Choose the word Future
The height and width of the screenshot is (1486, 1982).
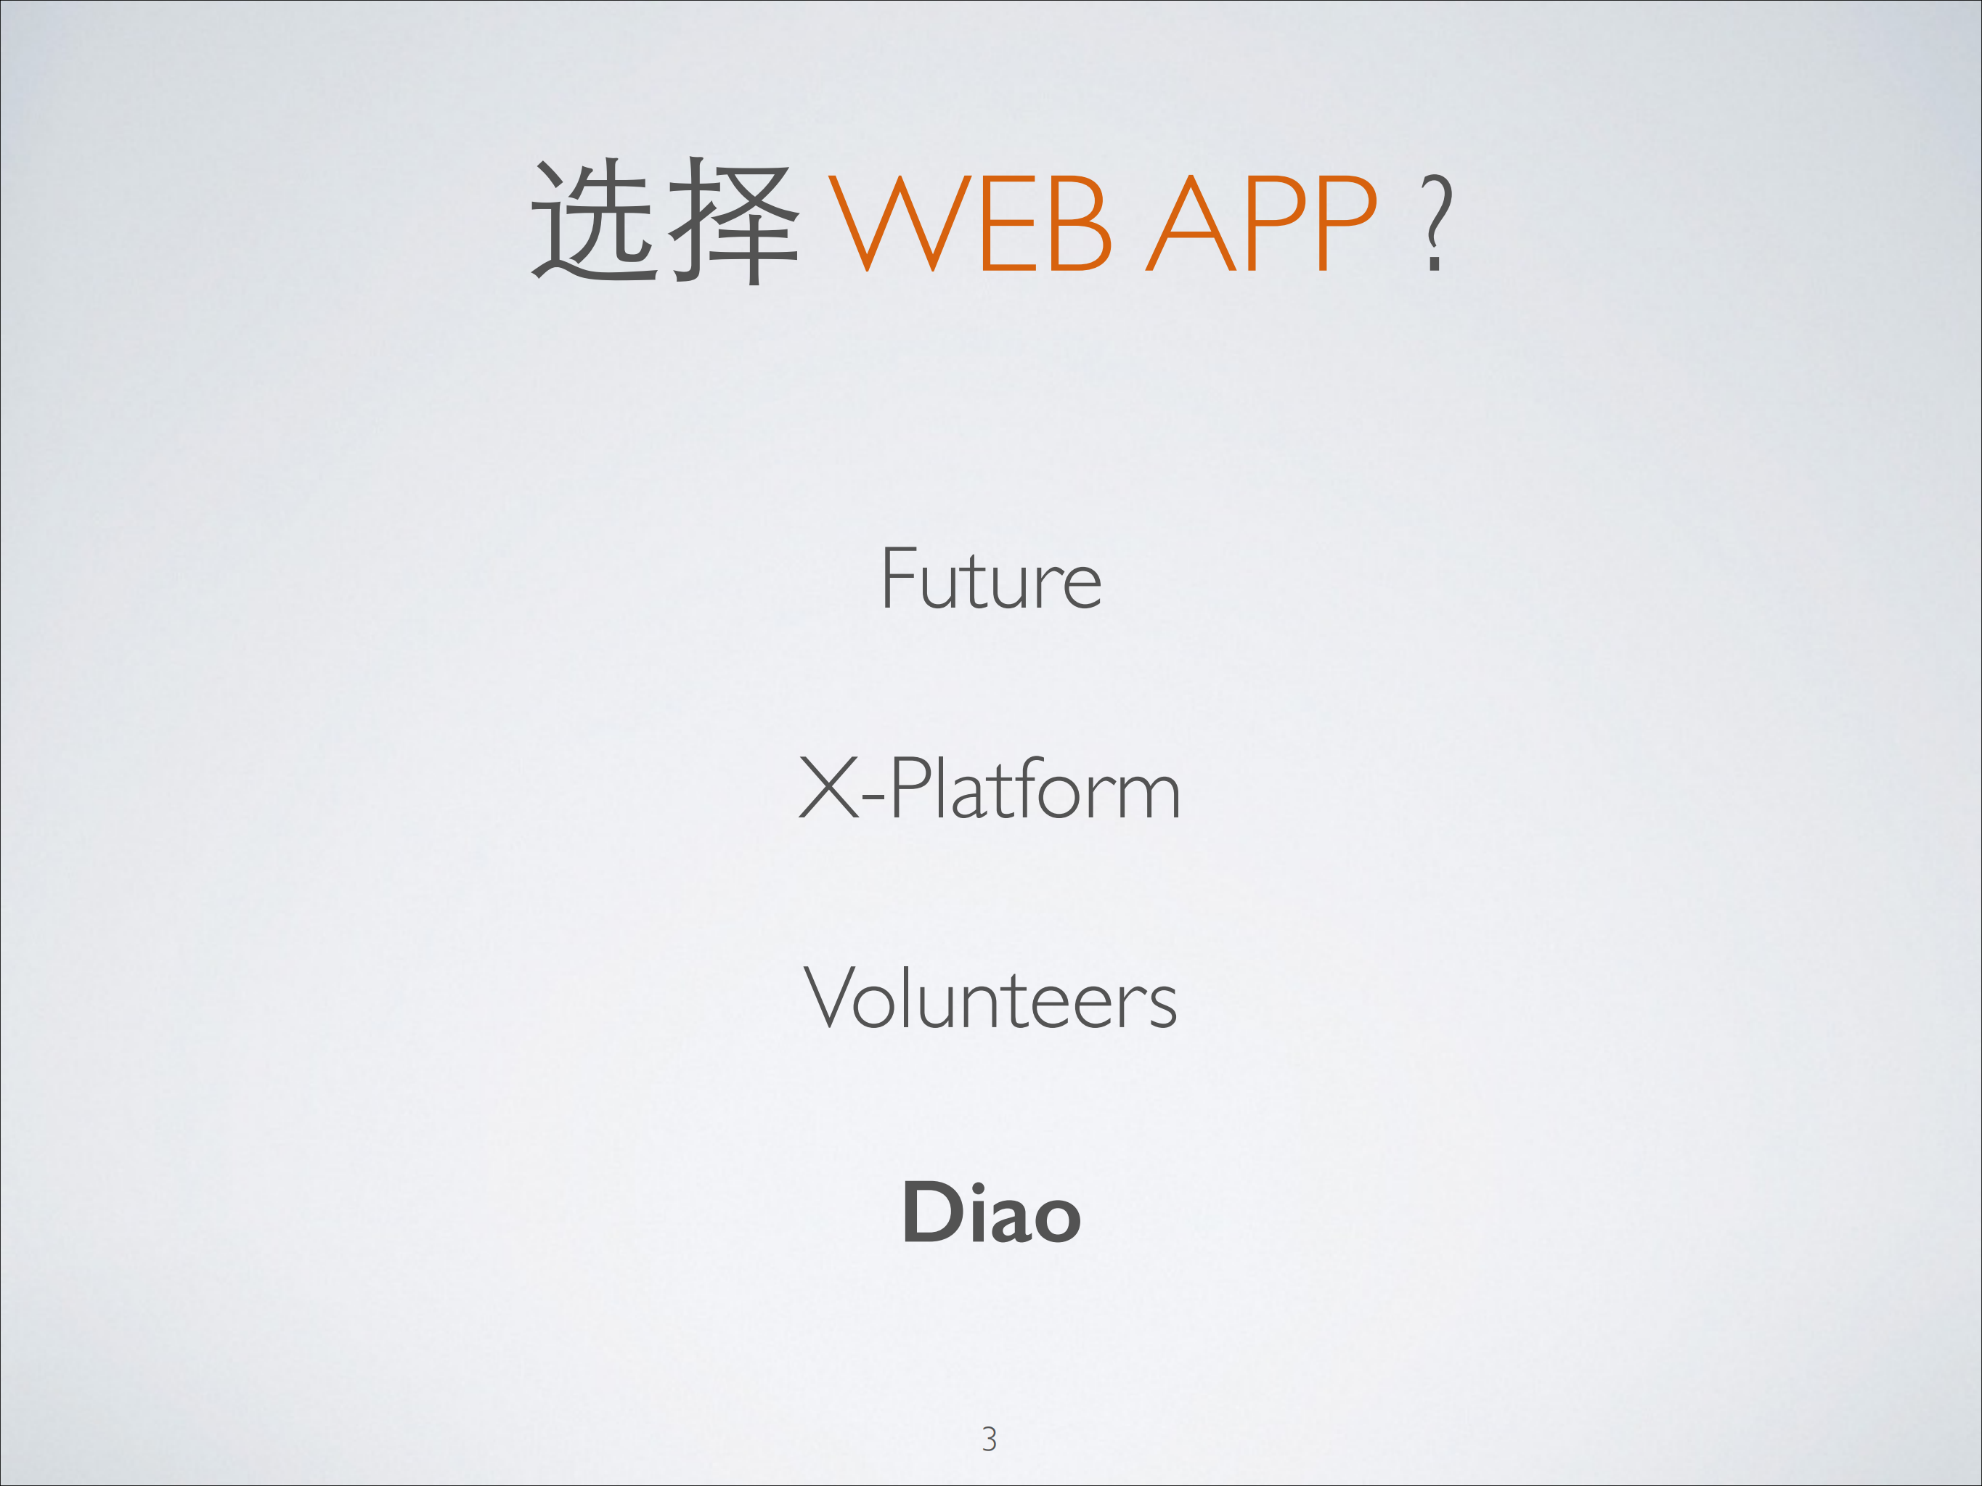991,579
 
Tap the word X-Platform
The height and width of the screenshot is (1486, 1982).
990,788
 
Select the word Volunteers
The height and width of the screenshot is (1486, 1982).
990,998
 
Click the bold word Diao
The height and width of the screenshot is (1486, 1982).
991,1213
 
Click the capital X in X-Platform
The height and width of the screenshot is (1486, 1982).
829,788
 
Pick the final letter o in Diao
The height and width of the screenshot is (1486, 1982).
1057,1220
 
